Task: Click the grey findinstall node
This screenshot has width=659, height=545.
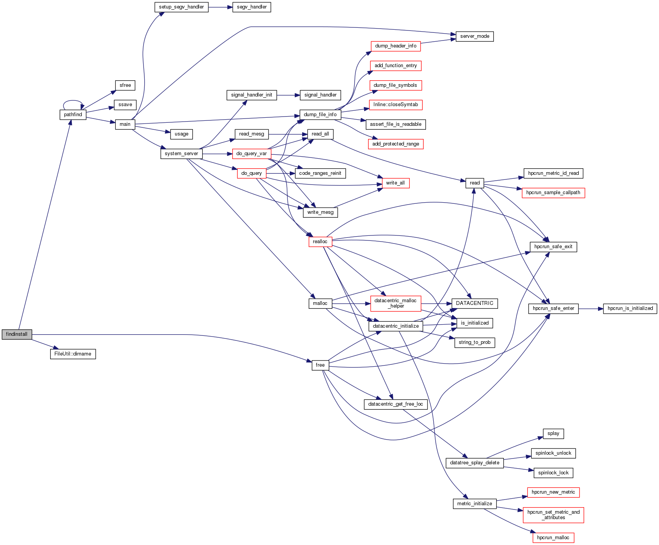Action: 17,334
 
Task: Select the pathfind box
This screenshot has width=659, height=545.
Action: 73,115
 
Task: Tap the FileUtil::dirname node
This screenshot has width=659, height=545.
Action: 73,354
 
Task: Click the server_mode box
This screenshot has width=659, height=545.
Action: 475,36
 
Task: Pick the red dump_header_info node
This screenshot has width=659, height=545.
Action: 395,46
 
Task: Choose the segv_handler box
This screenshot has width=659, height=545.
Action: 252,7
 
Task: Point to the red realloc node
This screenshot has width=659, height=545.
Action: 320,242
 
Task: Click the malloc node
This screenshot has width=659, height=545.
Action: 320,303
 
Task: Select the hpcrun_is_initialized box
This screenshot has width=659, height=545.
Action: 630,308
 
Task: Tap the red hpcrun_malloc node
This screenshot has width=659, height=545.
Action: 553,538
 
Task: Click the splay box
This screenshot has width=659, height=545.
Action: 553,433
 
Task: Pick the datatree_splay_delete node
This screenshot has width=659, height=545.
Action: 475,463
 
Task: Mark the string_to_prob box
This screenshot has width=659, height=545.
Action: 475,342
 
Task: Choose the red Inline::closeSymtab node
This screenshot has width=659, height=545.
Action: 395,105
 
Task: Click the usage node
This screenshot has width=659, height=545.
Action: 181,134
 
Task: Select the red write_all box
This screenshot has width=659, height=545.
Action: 395,183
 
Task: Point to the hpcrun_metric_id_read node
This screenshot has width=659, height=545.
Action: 553,173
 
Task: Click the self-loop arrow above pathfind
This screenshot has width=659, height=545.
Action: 73,101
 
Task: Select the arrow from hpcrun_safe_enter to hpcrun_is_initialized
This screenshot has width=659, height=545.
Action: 591,309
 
